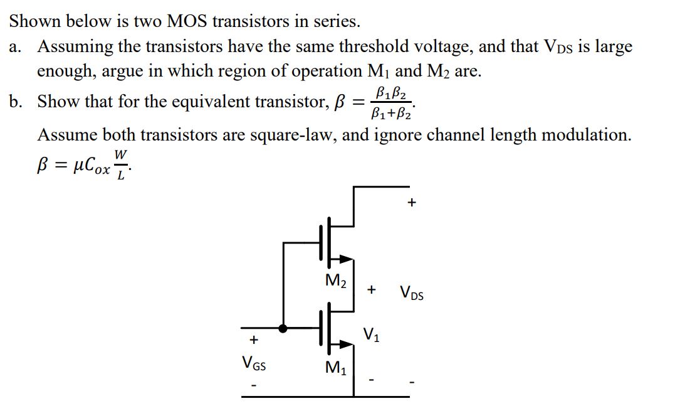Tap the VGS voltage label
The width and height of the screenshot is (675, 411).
tap(253, 362)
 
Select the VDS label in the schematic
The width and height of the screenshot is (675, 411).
tap(411, 293)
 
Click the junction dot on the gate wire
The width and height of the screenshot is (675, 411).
tap(283, 328)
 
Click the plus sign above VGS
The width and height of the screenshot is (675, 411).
tap(254, 340)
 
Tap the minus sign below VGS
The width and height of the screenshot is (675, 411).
tap(254, 384)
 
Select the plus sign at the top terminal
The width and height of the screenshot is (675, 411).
tap(411, 203)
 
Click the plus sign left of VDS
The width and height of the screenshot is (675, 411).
tap(372, 290)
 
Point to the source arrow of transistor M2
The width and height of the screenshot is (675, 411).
tap(345, 258)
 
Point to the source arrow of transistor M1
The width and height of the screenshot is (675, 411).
tap(345, 344)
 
